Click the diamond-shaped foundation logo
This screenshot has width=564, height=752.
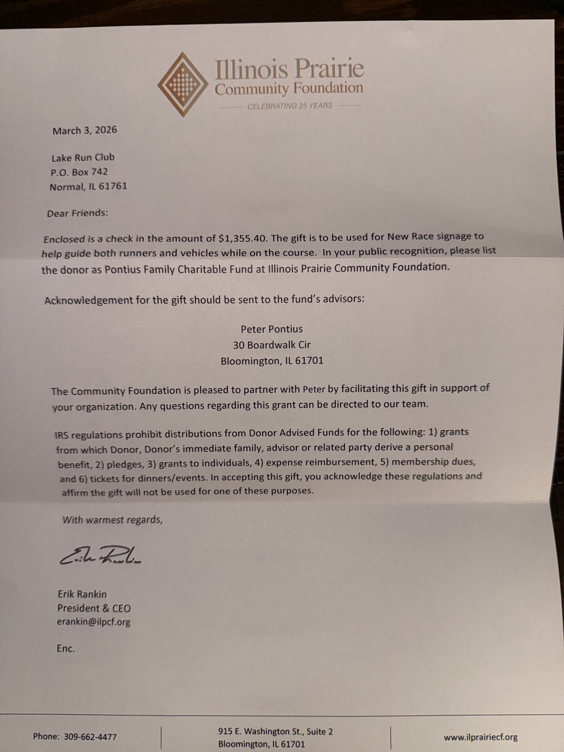tap(183, 85)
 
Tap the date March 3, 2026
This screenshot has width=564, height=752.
tap(85, 130)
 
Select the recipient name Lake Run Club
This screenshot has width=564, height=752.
tap(83, 158)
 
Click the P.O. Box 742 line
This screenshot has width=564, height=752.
tap(79, 172)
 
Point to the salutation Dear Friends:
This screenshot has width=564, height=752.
tap(77, 213)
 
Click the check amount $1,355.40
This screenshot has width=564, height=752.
tap(243, 238)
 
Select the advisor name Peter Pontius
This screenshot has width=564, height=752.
tap(271, 329)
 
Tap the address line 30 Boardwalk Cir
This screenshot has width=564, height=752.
tap(271, 345)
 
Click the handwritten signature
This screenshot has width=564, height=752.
tap(100, 555)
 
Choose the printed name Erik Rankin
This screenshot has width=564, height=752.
tap(82, 594)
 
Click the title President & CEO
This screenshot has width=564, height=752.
tap(94, 608)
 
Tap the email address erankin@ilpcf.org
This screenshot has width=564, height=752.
tap(94, 622)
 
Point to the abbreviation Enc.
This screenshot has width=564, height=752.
tap(66, 648)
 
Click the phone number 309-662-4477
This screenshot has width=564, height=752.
tap(90, 737)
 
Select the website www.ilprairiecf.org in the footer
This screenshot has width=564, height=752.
tap(481, 737)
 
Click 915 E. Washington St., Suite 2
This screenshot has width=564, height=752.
tap(275, 731)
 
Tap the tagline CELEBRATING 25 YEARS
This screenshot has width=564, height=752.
tap(290, 106)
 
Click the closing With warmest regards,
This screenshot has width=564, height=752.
tap(112, 520)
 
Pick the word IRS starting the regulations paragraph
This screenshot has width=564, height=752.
tap(62, 435)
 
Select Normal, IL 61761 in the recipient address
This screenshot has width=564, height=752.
tap(88, 186)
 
